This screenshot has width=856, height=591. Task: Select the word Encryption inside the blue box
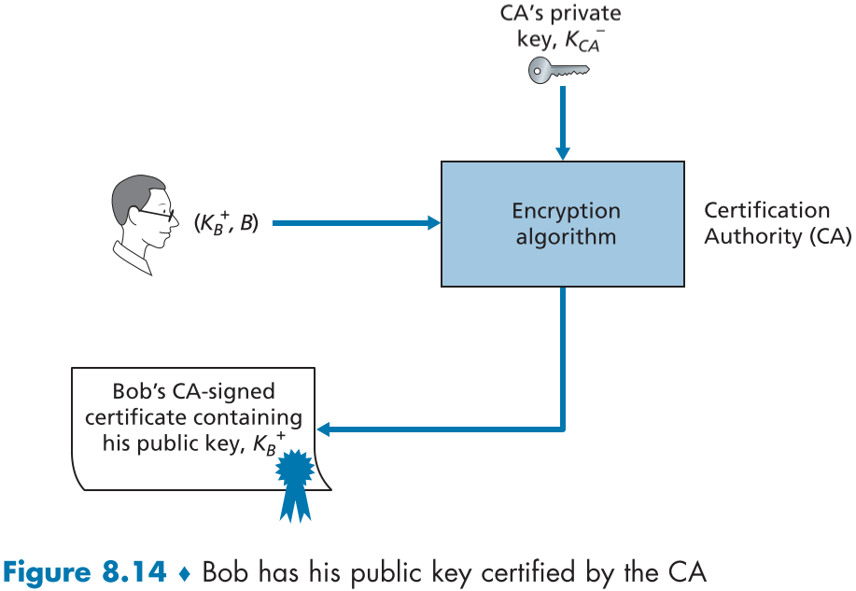(566, 211)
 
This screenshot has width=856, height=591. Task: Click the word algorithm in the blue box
(566, 236)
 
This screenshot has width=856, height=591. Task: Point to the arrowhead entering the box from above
(562, 151)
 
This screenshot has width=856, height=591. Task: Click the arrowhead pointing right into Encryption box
(432, 222)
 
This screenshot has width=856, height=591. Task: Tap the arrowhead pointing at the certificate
(325, 429)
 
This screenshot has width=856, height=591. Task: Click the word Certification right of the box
(766, 210)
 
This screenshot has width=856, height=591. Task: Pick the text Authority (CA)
(777, 236)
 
